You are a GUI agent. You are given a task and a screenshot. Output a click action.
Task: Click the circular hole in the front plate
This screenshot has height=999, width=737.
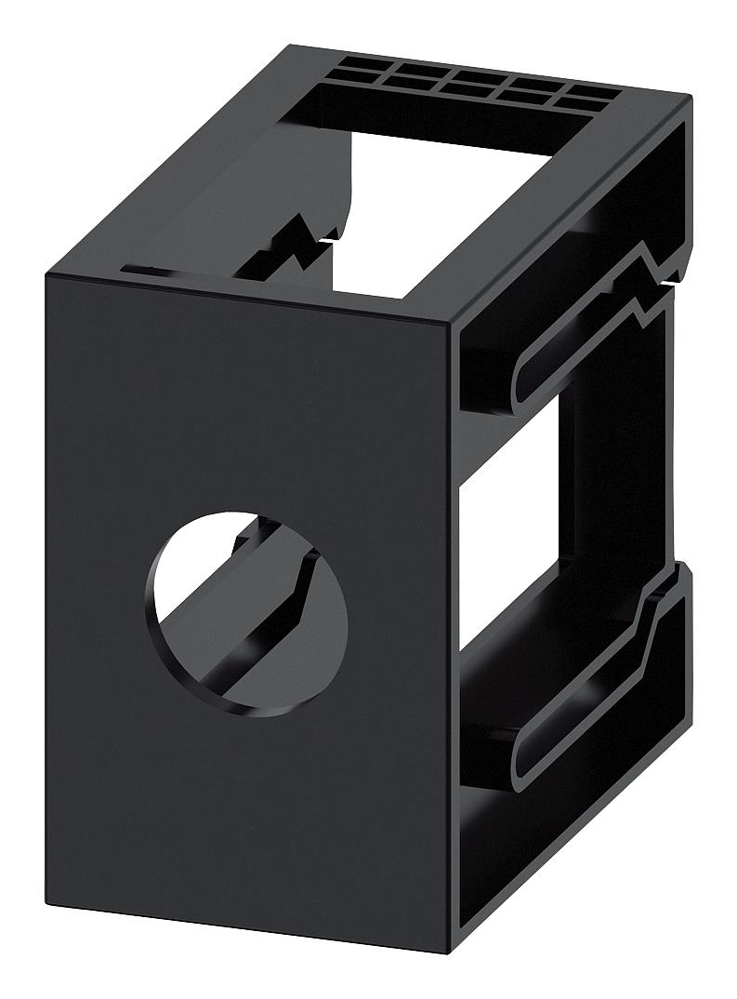point(247,614)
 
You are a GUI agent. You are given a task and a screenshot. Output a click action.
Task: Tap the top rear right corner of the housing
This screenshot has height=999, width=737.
point(689,98)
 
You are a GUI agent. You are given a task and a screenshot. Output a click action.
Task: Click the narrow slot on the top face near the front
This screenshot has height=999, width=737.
point(153,271)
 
